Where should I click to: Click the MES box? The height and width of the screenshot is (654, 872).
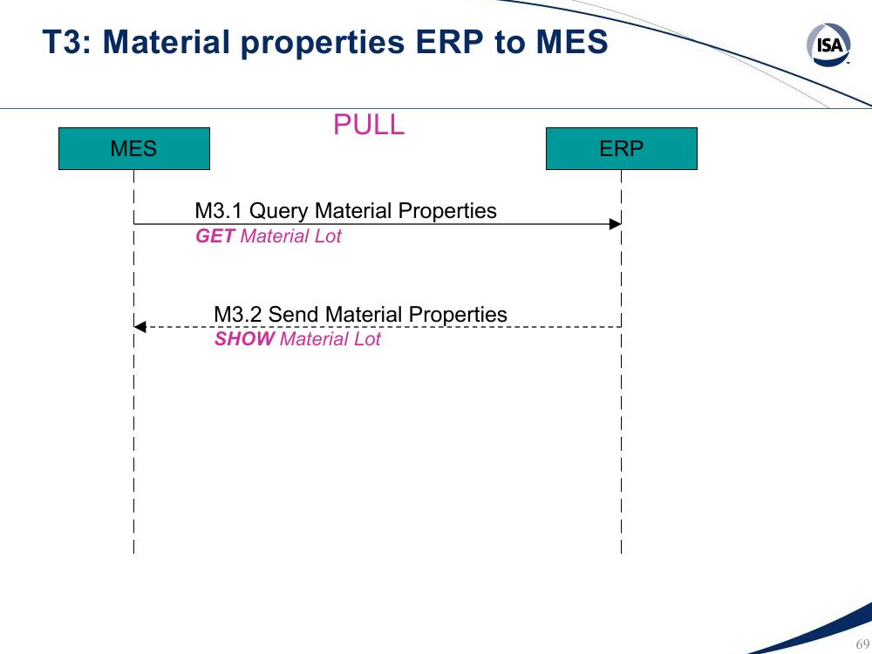[134, 148]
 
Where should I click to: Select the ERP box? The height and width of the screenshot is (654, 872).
[621, 148]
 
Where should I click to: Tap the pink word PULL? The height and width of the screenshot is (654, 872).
[369, 125]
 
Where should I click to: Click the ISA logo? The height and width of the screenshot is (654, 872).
[828, 44]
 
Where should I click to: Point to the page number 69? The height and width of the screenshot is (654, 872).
[862, 644]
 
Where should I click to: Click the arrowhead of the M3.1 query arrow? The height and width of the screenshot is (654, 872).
[615, 224]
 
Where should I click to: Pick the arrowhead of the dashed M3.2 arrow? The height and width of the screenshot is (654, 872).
[140, 327]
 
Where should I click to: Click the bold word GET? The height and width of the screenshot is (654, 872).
[215, 235]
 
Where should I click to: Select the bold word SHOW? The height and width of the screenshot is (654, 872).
[244, 338]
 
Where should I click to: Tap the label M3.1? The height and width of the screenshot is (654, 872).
[219, 211]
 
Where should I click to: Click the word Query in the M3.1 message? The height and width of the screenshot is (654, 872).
[279, 212]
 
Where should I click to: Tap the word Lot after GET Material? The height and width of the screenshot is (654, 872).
[328, 235]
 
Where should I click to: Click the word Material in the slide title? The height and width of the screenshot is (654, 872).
[166, 42]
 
